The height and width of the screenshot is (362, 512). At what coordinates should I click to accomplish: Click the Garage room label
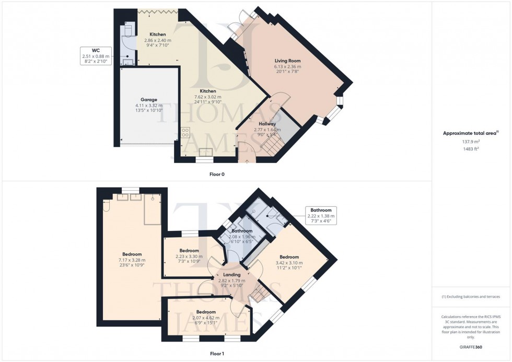[x=148, y=99]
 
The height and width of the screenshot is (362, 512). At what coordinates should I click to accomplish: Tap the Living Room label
[x=287, y=61]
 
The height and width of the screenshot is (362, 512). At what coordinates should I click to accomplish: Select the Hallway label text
[x=267, y=124]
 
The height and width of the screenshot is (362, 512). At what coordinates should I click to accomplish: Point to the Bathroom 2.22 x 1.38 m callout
[x=321, y=215]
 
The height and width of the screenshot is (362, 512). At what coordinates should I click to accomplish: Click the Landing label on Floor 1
[x=231, y=274]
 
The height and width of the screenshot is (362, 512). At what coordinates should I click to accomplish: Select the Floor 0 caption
[x=217, y=174]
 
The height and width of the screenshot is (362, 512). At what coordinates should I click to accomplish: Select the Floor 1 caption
[x=217, y=354]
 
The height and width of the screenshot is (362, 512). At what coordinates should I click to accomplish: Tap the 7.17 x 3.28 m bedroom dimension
[x=132, y=260]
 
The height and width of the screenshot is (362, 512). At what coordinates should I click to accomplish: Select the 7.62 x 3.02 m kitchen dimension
[x=208, y=97]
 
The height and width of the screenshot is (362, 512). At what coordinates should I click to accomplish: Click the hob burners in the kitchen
[x=185, y=132]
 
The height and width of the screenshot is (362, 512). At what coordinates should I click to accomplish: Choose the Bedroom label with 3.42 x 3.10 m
[x=289, y=257]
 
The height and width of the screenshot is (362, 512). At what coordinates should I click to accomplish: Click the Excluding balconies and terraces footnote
[x=471, y=297]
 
